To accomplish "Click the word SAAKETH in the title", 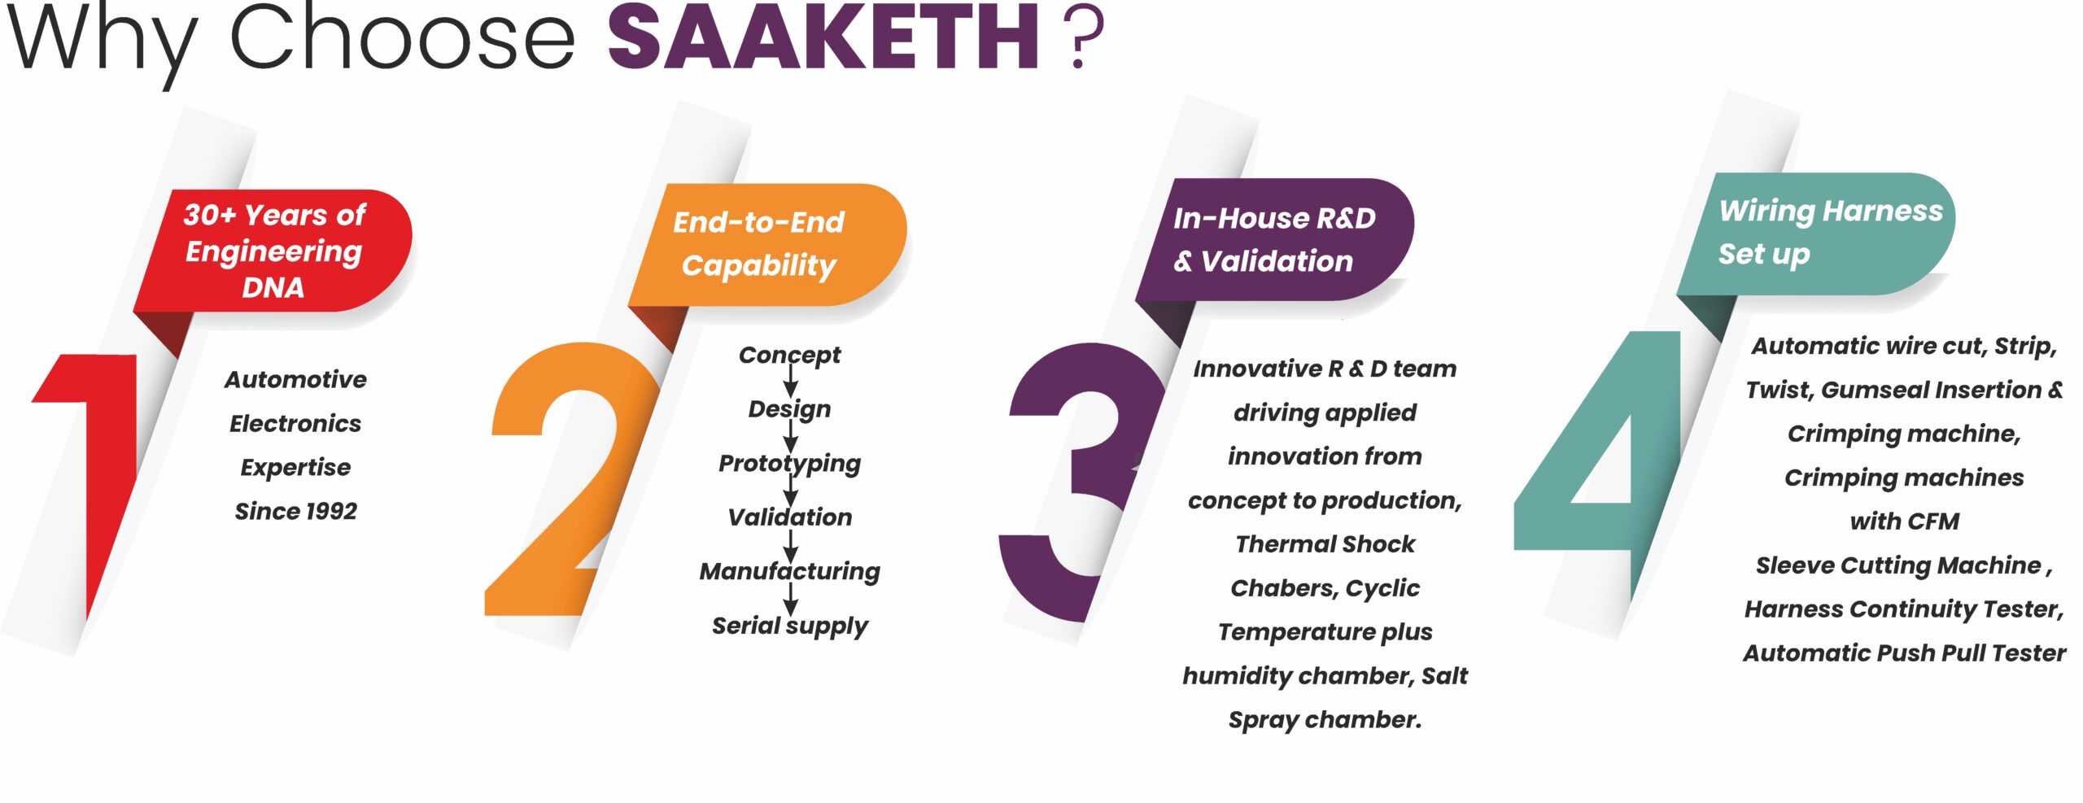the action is (823, 37).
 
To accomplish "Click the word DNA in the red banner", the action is (273, 287).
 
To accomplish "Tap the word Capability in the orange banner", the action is (758, 265).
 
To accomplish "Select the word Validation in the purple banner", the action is (1277, 261).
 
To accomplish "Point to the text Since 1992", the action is (296, 511).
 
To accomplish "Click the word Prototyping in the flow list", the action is (789, 464).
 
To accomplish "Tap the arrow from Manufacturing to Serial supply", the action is (790, 599).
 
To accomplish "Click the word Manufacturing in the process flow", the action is (789, 571).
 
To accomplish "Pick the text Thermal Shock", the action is (1325, 543).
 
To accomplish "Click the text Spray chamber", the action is (1325, 720).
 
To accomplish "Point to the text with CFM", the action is (1904, 521).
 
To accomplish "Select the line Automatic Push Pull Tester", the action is (1904, 652).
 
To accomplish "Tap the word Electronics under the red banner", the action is (295, 423).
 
